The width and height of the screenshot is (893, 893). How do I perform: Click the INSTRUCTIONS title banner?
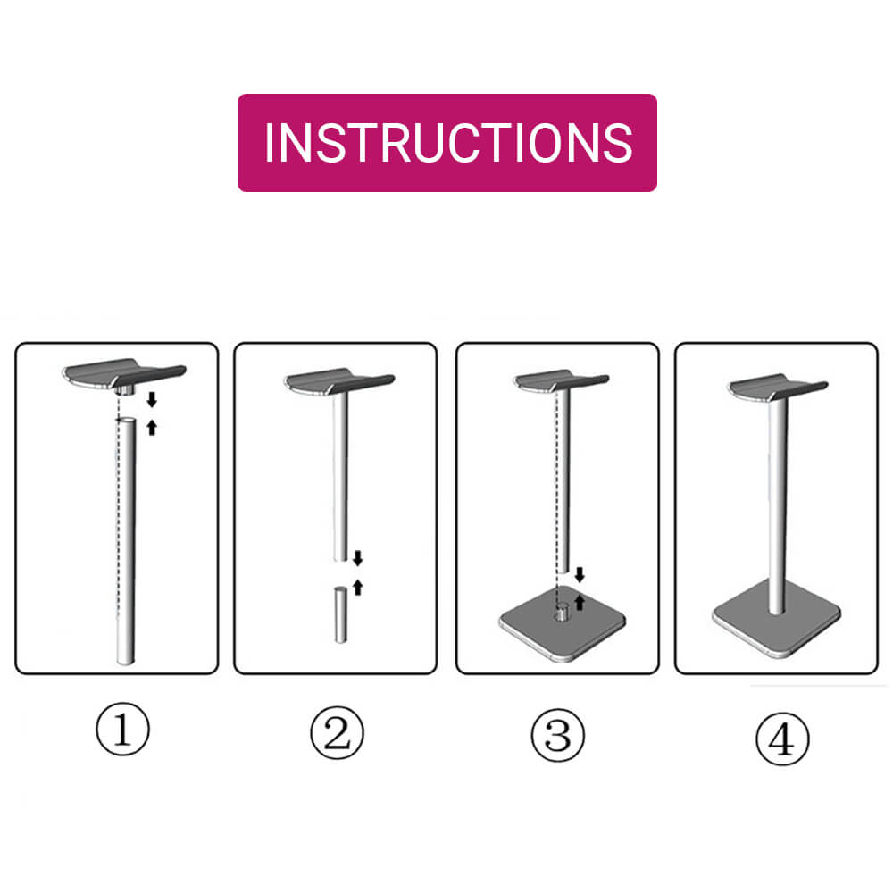click(446, 143)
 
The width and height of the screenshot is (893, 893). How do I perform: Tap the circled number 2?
click(337, 735)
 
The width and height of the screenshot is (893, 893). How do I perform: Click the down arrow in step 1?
click(152, 399)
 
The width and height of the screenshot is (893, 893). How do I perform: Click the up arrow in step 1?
click(152, 427)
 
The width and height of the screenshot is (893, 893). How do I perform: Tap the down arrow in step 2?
click(357, 559)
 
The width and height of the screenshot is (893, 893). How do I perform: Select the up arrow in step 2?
click(357, 587)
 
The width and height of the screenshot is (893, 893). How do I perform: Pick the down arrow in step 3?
click(580, 574)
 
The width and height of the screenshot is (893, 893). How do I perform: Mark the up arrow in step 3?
click(580, 602)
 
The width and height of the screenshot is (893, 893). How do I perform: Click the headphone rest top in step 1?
click(122, 373)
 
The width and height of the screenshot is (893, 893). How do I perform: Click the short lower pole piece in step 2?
click(340, 613)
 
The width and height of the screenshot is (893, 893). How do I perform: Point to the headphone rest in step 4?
click(778, 387)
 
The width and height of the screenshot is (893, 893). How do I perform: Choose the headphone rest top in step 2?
click(339, 380)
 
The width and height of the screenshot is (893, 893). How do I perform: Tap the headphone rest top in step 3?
click(561, 380)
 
